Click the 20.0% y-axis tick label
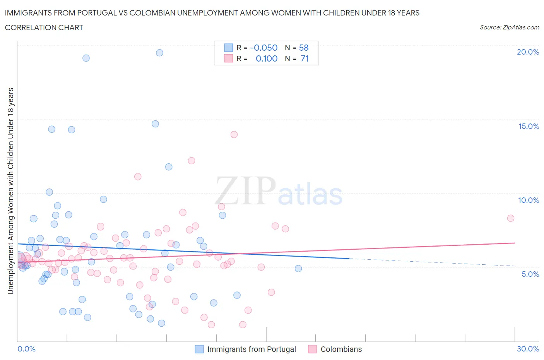[528, 52]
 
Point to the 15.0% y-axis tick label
[529, 126]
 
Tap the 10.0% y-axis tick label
[529, 200]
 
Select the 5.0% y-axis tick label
[530, 274]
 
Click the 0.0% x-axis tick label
[26, 349]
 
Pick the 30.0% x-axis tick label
[528, 349]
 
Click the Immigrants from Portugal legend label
[251, 349]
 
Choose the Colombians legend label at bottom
[341, 349]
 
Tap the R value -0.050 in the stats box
[264, 48]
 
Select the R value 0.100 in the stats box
[267, 58]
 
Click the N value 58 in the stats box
[304, 48]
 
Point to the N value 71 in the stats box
[305, 58]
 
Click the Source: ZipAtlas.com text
[509, 27]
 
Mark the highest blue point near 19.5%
[159, 53]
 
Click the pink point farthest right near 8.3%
[510, 218]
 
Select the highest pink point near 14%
[234, 135]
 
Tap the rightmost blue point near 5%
[298, 269]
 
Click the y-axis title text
[10, 191]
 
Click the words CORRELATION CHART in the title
[44, 27]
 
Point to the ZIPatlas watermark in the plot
[279, 191]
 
